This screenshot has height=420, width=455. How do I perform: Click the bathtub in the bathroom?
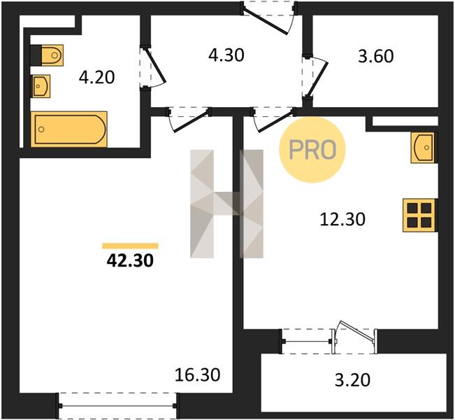[69, 129]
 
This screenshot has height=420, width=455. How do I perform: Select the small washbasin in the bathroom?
[41, 86]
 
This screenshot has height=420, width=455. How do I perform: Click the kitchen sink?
[424, 148]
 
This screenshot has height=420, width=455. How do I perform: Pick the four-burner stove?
[420, 216]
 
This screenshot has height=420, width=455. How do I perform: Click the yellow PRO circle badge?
[312, 150]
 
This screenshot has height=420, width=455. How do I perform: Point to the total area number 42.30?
[130, 260]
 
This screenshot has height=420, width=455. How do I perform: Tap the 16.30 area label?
[198, 374]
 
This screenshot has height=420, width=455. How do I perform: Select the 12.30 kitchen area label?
[342, 219]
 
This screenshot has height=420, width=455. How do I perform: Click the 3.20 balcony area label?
[352, 380]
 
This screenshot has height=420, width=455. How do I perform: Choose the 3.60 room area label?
[376, 56]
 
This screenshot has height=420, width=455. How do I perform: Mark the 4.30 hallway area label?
[226, 55]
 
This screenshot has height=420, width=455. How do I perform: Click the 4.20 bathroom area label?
[97, 78]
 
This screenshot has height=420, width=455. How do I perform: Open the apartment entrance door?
[268, 17]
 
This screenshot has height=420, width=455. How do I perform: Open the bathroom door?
[153, 68]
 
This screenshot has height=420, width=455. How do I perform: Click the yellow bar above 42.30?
[130, 246]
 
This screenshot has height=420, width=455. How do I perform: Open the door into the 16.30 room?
[189, 120]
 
